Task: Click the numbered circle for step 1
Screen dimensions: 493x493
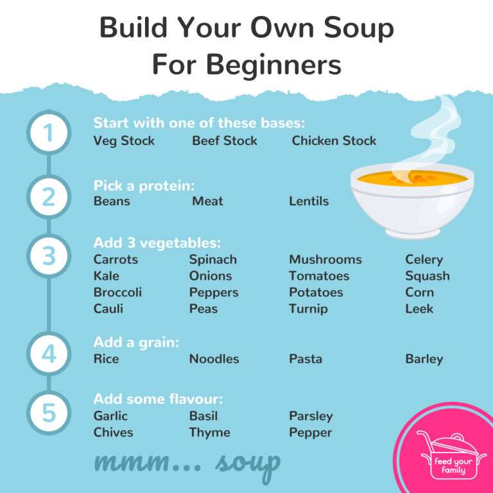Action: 49,133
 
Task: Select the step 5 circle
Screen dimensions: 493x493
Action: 49,413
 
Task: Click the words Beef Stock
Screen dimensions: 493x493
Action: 224,141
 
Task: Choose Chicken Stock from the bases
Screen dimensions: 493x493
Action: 334,141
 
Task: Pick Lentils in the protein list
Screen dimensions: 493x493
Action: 309,201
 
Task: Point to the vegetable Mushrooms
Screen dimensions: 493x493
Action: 325,259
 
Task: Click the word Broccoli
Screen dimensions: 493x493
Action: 117,292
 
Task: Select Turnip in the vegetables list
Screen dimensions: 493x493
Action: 308,309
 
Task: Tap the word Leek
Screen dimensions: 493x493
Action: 419,309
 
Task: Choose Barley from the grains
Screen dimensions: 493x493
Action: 424,359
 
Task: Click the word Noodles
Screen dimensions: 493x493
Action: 214,359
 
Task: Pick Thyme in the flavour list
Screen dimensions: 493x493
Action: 209,433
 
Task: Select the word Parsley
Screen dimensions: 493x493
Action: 311,416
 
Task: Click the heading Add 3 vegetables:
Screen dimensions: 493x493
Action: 157,243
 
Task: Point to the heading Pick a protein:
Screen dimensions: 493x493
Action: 144,186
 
